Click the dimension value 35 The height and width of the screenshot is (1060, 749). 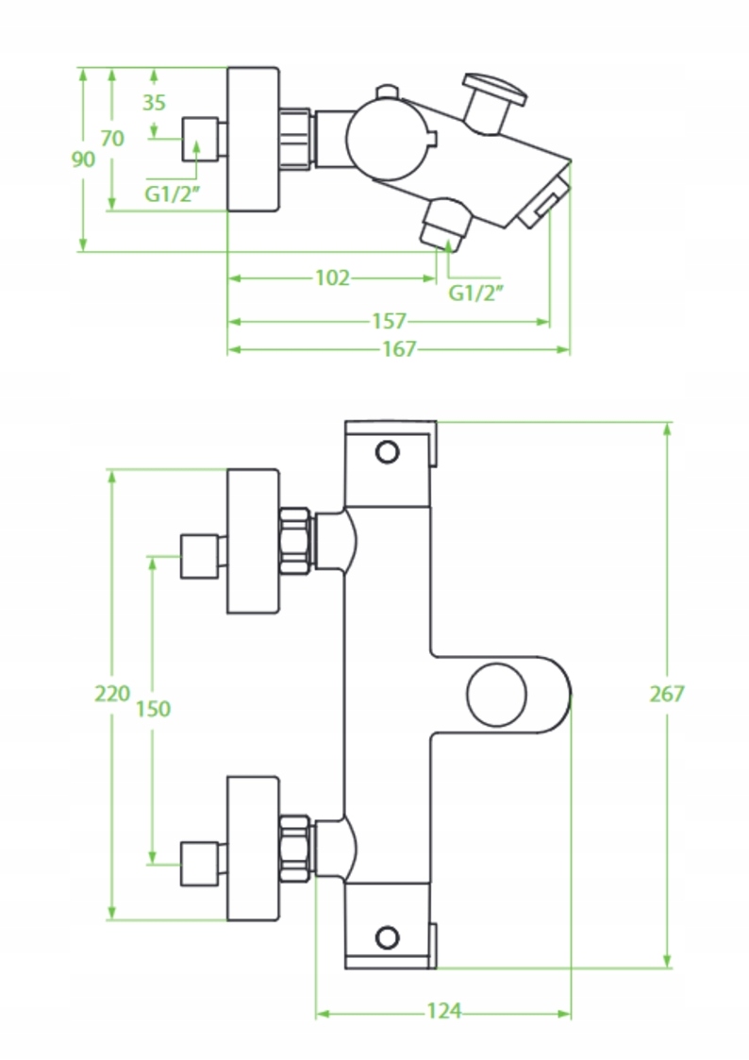(155, 103)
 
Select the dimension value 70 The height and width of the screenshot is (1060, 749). (112, 139)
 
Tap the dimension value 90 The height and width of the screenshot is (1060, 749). (84, 160)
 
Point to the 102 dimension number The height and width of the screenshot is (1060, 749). (331, 278)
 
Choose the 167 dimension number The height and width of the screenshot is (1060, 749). (398, 349)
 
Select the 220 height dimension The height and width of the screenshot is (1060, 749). (112, 694)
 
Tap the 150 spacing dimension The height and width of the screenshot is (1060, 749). (153, 708)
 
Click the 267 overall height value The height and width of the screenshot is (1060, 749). (667, 694)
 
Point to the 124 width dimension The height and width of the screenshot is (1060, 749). (443, 1012)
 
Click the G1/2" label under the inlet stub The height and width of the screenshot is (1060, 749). (173, 195)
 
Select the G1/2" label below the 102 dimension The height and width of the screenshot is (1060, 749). (475, 293)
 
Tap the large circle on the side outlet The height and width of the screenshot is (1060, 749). (497, 695)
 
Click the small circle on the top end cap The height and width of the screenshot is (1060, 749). (387, 452)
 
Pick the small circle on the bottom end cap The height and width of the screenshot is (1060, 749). (387, 937)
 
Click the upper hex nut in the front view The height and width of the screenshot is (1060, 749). (295, 540)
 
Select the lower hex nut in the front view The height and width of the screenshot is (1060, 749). (295, 848)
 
